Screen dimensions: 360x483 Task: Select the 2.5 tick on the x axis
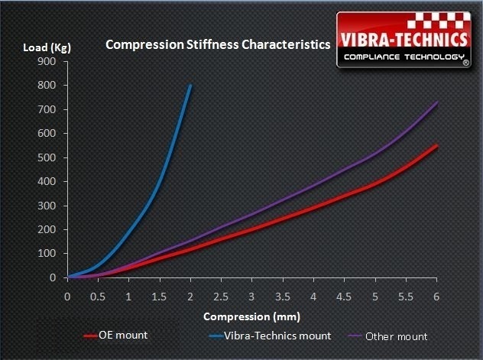[x=221, y=295]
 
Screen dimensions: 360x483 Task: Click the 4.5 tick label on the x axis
[x=344, y=295]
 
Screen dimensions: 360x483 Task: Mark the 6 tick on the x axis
[x=436, y=295]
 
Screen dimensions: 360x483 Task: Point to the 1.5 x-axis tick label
[x=160, y=295]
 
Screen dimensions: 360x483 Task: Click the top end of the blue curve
[x=190, y=85]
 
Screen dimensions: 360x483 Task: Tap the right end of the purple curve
[x=436, y=102]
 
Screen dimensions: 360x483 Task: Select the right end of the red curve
[x=436, y=145]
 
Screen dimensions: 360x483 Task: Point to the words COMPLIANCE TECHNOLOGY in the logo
[x=403, y=58]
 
